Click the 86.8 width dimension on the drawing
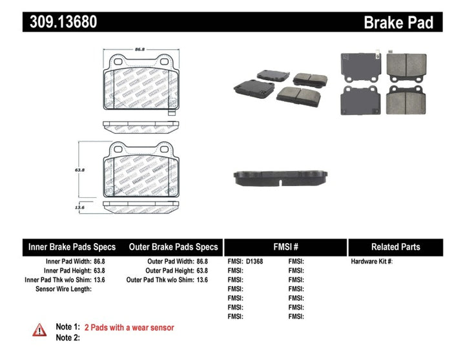pyautogui.click(x=138, y=49)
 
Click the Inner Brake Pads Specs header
pyautogui.click(x=72, y=247)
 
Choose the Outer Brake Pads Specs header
pyautogui.click(x=173, y=247)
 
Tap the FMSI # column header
pyautogui.click(x=285, y=247)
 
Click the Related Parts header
pyautogui.click(x=395, y=247)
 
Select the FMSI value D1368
pyautogui.click(x=254, y=262)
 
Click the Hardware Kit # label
pyautogui.click(x=371, y=262)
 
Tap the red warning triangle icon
pyautogui.click(x=39, y=330)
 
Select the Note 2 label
pyautogui.click(x=68, y=338)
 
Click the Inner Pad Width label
pyautogui.click(x=67, y=262)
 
